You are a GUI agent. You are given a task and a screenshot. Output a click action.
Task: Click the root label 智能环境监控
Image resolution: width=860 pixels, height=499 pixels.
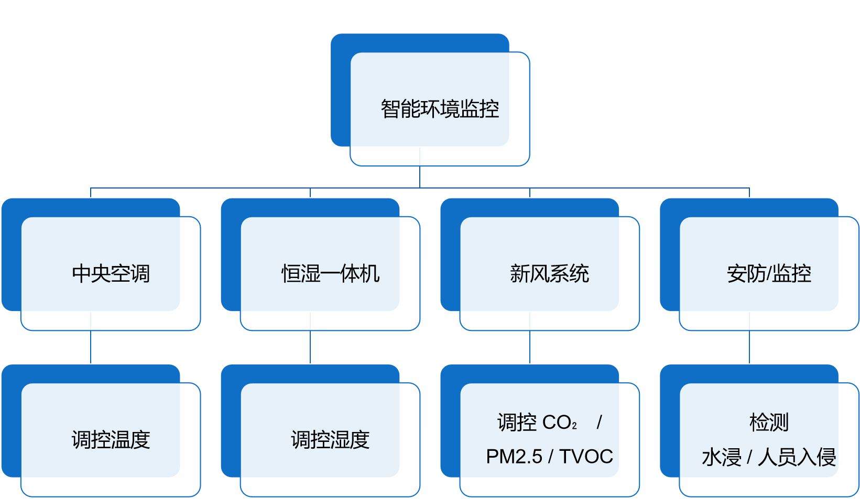point(440,109)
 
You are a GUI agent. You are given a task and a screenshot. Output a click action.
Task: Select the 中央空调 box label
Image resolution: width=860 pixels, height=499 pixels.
point(111,274)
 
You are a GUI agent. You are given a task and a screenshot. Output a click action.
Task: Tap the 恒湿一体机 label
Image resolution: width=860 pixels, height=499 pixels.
point(330,274)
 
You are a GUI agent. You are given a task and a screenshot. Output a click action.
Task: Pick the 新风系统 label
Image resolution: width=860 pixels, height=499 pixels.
point(549,274)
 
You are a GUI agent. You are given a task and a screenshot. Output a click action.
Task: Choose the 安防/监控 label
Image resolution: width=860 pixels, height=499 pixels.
point(769,274)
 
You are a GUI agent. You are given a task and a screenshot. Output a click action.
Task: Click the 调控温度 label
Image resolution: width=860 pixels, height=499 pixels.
point(111,440)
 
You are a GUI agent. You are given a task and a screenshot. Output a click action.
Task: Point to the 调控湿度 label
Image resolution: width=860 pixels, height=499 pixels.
point(330,440)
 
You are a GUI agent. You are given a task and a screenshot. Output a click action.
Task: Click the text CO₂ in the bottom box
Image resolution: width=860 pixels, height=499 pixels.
point(560,423)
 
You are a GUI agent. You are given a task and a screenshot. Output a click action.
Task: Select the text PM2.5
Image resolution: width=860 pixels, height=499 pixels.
point(514,457)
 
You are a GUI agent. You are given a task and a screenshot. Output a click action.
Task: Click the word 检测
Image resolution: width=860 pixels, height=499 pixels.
point(769,423)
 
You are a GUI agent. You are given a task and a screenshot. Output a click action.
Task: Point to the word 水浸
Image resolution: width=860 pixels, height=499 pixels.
point(721,457)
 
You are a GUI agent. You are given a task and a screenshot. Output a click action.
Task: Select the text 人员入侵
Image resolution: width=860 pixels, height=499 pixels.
point(797,457)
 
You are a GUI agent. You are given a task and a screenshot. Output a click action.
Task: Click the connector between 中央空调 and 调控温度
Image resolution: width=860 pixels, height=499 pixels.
point(91,347)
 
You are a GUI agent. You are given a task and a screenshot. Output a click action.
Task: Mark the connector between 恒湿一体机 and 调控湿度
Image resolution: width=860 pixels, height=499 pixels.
point(310,347)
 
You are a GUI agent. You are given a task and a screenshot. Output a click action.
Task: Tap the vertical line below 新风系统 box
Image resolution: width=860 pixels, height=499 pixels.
point(530,347)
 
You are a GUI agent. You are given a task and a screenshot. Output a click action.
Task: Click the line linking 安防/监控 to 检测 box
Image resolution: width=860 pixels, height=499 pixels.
point(749,347)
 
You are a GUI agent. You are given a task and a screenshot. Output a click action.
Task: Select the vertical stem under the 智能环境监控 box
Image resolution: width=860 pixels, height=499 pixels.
point(420,176)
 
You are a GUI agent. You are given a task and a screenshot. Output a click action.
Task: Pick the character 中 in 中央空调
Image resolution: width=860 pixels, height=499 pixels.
point(82,274)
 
